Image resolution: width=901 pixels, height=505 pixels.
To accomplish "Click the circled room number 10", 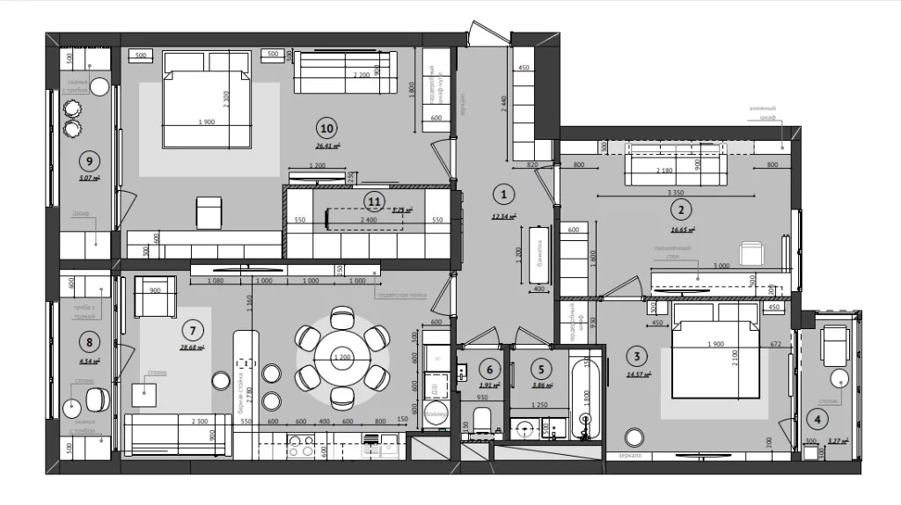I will click(327, 126).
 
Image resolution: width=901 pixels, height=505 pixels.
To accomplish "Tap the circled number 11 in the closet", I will click(375, 200).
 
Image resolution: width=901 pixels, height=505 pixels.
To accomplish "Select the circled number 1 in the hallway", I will click(502, 194).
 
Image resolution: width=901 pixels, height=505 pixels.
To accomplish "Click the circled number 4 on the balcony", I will click(818, 421).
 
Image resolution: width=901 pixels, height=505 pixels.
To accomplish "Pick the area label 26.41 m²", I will click(327, 147).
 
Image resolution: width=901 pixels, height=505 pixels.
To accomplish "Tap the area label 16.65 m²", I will click(682, 229).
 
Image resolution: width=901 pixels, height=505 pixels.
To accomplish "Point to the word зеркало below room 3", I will click(630, 456).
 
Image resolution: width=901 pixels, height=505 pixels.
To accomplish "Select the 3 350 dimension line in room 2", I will click(676, 193).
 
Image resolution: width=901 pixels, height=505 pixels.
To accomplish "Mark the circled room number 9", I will click(87, 160).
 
